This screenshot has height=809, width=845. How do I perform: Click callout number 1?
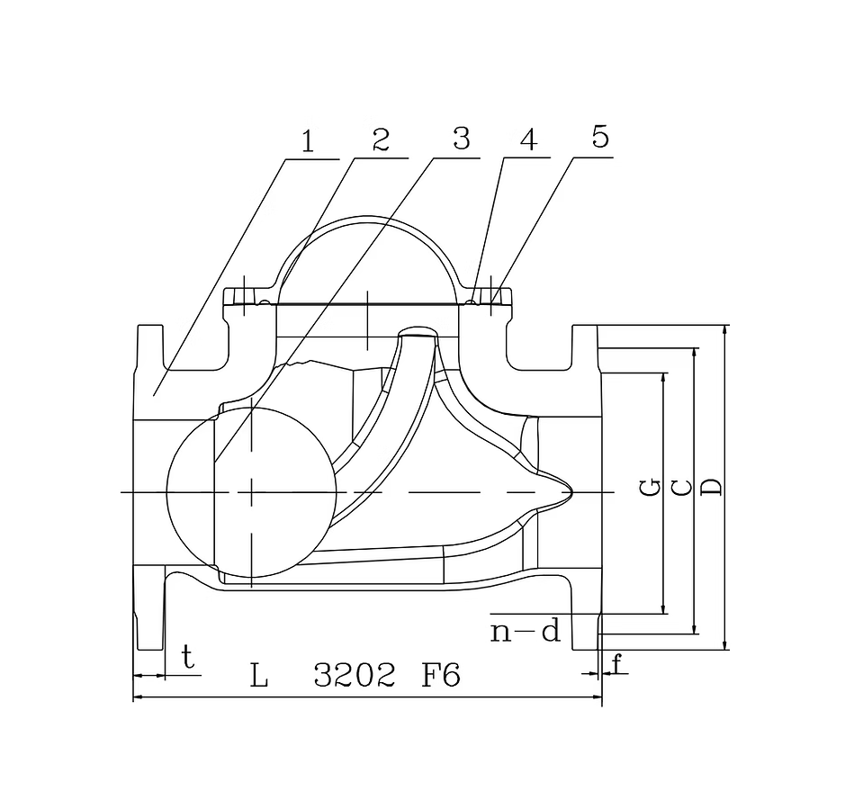pos(308,141)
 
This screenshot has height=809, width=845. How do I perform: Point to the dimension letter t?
pos(187,657)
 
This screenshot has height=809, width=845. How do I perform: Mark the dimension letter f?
pos(616,665)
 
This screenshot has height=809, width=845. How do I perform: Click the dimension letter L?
pos(259,676)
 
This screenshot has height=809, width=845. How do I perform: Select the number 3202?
pos(354,676)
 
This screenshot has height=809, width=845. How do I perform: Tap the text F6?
pos(441,676)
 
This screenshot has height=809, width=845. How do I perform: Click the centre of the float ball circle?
pos(251,491)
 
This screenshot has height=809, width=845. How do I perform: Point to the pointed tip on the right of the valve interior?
pos(571,491)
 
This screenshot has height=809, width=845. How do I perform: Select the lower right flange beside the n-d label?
pos(585,621)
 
